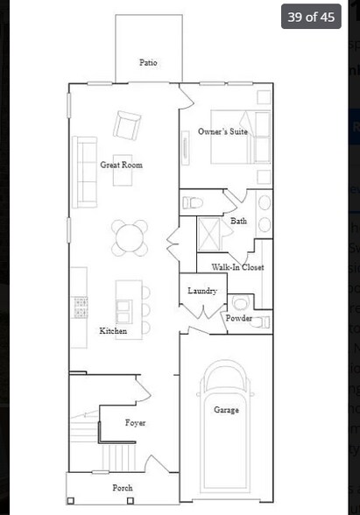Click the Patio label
point(148,62)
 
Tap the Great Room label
point(121,165)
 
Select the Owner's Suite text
point(222,131)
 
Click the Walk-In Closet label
point(237,267)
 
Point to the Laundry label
point(202,290)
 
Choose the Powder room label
point(239,319)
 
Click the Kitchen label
point(113,331)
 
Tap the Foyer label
point(135,423)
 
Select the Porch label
point(123,487)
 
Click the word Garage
point(226,409)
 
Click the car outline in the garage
point(226,438)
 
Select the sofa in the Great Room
point(85,172)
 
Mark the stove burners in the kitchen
point(81,307)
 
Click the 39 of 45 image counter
point(311,17)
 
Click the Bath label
point(238,221)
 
